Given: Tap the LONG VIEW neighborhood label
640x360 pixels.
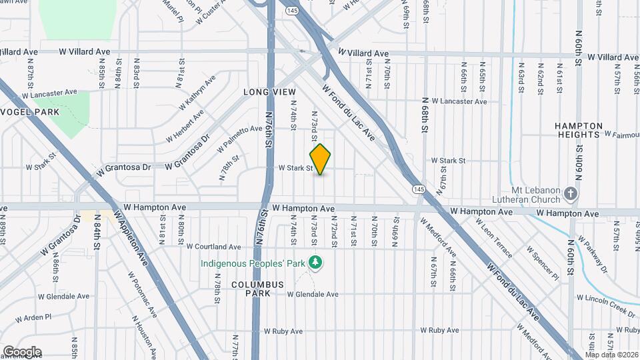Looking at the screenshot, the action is [x=269, y=91].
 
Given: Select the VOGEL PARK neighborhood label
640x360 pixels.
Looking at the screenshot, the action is [x=30, y=112].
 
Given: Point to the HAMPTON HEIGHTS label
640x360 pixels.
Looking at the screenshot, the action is [x=579, y=130].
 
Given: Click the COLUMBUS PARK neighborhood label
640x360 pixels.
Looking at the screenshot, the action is [x=258, y=289].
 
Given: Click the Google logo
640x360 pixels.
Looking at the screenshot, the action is [x=22, y=351].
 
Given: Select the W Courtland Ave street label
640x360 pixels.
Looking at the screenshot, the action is [x=214, y=247].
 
